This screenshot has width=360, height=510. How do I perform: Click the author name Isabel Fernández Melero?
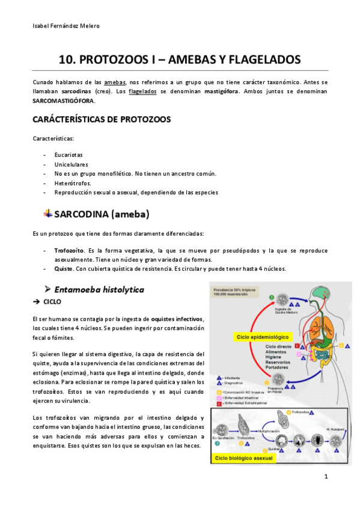[66, 26]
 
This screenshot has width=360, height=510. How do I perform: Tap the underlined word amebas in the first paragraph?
[115, 81]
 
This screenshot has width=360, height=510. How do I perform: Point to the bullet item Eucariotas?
[69, 155]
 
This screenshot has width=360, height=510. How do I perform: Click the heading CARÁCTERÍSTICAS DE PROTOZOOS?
[102, 119]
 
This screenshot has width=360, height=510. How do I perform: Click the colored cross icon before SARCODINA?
[48, 214]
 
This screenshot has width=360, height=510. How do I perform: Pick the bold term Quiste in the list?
[64, 268]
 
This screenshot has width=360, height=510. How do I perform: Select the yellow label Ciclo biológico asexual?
[242, 458]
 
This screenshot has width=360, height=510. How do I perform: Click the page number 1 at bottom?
[325, 478]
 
